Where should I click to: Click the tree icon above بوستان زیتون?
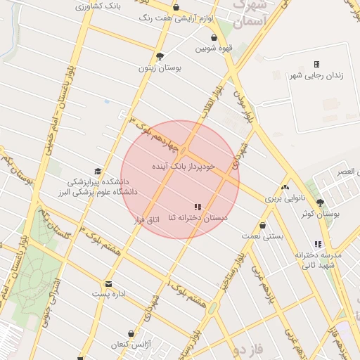pos(160,56)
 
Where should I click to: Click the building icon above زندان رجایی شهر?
pos(316,64)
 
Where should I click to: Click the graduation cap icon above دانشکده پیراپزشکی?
pos(98,171)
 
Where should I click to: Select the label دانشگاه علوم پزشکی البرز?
pos(101,191)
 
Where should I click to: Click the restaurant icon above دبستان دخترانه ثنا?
pos(198,207)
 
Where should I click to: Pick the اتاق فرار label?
pos(148,220)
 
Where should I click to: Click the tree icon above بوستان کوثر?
pos(320,201)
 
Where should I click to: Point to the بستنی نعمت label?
pos(263,237)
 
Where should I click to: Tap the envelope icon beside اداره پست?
pos(108,284)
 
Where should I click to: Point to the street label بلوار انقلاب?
pos(215,102)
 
